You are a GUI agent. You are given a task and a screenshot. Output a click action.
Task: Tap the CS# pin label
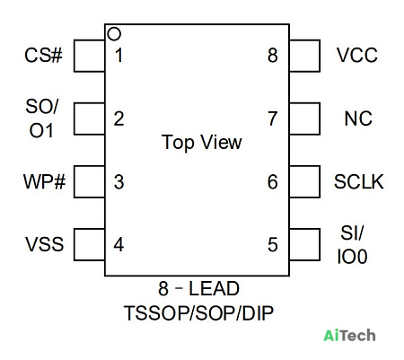43,56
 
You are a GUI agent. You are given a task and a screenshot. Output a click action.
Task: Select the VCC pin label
357,56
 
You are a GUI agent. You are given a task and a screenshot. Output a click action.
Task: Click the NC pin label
358,119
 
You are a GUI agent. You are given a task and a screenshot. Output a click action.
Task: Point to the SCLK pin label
359,181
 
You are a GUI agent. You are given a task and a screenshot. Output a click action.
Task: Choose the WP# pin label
44,181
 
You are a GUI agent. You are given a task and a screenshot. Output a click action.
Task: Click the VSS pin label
45,244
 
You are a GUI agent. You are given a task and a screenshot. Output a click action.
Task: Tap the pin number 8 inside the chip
273,56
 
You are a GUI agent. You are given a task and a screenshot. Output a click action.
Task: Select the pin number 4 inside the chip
119,245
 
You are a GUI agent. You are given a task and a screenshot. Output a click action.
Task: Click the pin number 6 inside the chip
273,181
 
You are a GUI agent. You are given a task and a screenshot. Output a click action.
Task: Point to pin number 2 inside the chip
119,119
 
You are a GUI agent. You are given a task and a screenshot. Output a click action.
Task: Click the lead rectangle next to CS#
75,56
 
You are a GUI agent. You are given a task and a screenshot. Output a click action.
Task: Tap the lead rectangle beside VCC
320,56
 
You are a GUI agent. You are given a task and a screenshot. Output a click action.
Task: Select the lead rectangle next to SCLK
320,181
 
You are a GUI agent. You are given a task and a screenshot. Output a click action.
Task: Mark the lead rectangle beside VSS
75,244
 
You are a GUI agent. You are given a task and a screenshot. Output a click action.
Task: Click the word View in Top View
221,142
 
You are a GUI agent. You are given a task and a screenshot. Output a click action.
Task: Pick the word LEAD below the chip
214,288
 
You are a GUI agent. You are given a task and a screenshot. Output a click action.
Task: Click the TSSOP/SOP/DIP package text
198,313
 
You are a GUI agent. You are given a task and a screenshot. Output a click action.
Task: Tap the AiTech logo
349,335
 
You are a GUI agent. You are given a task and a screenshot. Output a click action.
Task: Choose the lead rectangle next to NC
320,119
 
